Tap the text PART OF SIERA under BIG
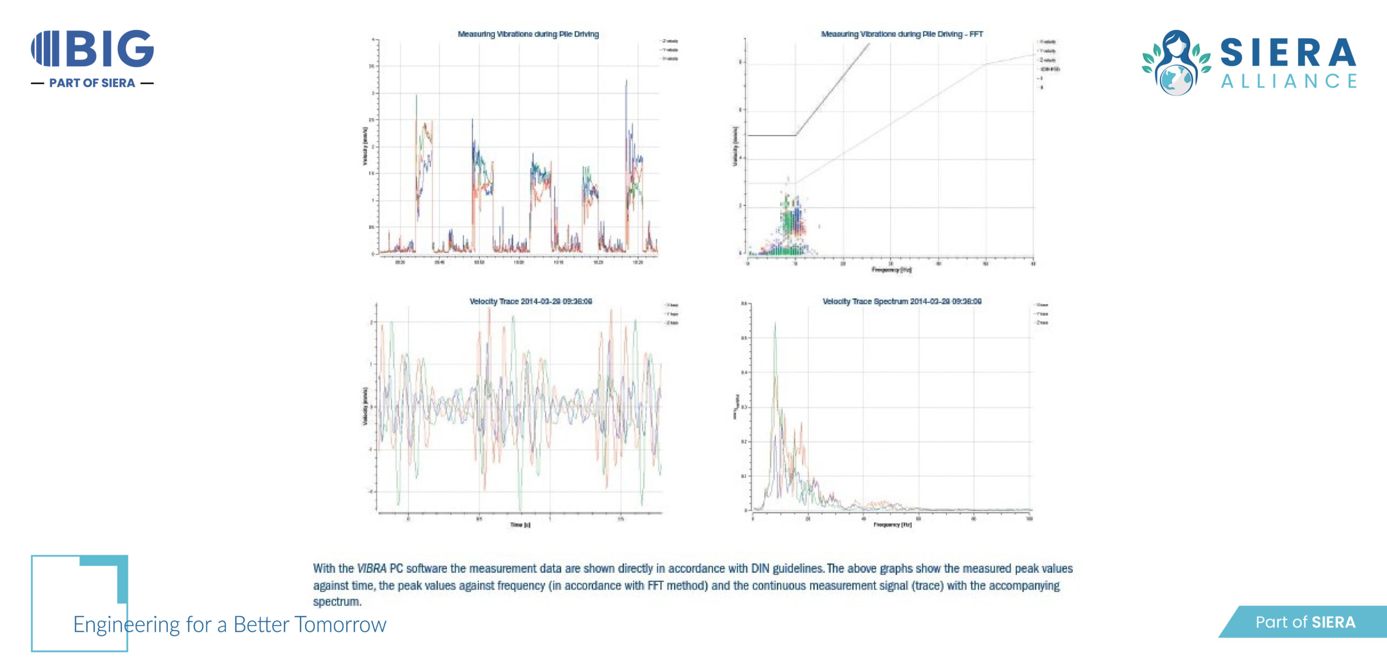pyautogui.click(x=92, y=83)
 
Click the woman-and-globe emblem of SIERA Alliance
pyautogui.click(x=1176, y=62)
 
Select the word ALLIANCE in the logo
pyautogui.click(x=1289, y=81)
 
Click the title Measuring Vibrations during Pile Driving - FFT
pyautogui.click(x=902, y=34)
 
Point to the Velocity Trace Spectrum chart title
pyautogui.click(x=902, y=301)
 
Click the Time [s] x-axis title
pyautogui.click(x=520, y=525)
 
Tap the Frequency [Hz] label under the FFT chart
pyautogui.click(x=891, y=269)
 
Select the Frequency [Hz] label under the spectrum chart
pyautogui.click(x=892, y=525)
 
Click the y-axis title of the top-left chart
pyautogui.click(x=365, y=146)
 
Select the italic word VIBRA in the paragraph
pyautogui.click(x=372, y=568)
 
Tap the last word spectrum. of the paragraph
pyautogui.click(x=337, y=602)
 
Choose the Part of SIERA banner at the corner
pyautogui.click(x=1305, y=622)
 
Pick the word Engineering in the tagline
pyautogui.click(x=126, y=625)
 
